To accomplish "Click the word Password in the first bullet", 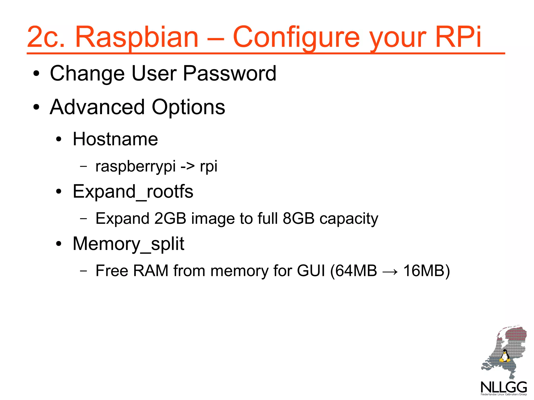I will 229,73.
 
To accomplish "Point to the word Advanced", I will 97,107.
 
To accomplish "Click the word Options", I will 188,107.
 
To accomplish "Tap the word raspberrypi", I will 135,167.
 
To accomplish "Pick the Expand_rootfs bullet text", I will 133,192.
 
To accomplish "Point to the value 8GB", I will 299,218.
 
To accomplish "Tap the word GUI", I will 311,271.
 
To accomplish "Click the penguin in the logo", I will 505,356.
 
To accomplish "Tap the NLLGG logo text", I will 504,387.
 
